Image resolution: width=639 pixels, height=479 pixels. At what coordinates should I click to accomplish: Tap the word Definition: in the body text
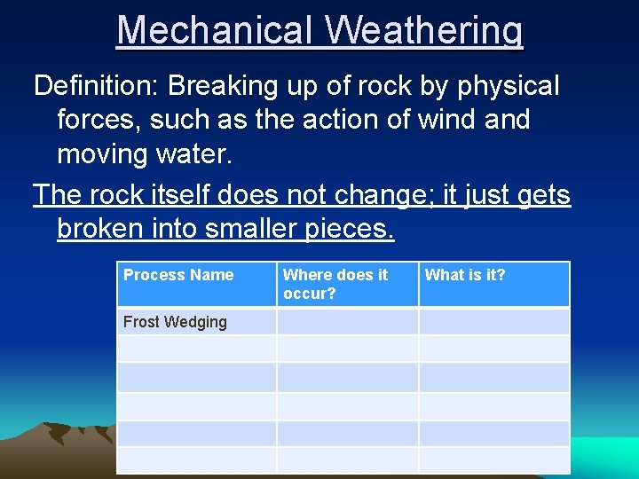pyautogui.click(x=96, y=86)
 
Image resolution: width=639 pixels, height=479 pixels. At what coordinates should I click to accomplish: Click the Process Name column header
pyautogui.click(x=178, y=275)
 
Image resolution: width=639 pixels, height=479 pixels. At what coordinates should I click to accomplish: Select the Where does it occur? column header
pyautogui.click(x=335, y=284)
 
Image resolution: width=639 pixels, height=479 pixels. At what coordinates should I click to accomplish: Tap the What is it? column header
pyautogui.click(x=464, y=275)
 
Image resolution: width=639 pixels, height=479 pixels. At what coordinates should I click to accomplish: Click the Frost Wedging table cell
pyautogui.click(x=175, y=322)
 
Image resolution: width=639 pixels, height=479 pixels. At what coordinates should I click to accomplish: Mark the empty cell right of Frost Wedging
pyautogui.click(x=347, y=322)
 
